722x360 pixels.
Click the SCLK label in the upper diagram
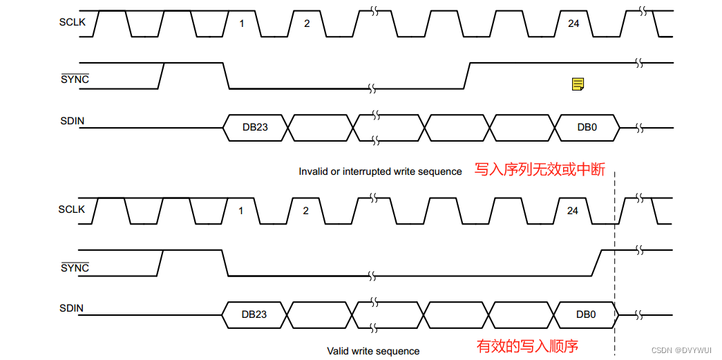[72, 22]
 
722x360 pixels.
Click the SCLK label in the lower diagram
[72, 209]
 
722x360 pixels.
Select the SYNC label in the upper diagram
[75, 79]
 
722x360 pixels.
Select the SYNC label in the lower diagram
[75, 268]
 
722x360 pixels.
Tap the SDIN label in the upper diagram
[72, 121]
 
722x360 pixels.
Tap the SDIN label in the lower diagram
[72, 308]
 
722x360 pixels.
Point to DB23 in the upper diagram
[254, 127]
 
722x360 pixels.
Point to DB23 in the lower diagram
[254, 314]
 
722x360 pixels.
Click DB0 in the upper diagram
[587, 127]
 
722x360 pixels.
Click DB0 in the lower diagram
[586, 314]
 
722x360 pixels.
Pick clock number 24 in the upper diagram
[573, 23]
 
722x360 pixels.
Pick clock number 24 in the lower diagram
[573, 211]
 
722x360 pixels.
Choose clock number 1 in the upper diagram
[242, 23]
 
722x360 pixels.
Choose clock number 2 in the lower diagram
[306, 211]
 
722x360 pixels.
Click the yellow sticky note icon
[578, 84]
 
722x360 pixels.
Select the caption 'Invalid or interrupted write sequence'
[380, 171]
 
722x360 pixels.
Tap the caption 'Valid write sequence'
[373, 351]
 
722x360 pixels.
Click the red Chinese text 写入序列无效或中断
[539, 169]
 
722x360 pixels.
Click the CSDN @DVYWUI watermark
[683, 351]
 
